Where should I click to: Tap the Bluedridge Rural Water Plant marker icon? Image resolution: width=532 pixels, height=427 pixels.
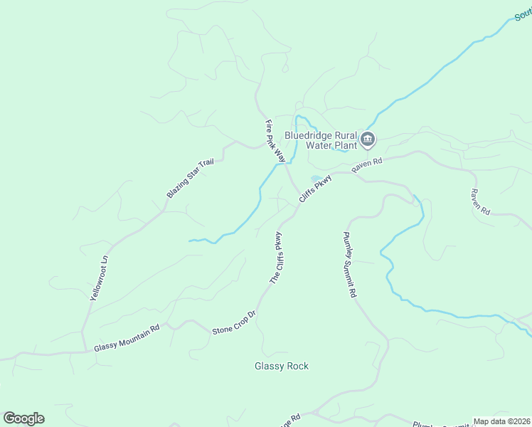point(368,139)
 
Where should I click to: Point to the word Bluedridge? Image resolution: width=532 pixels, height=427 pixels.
point(309,135)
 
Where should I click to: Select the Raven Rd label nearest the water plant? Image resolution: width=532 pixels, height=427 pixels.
point(367,164)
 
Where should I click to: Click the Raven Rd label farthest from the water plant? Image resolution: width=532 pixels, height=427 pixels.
point(481,202)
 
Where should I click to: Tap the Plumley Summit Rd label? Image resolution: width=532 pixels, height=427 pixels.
point(350,264)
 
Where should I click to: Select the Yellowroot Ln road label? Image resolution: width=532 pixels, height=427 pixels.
point(100,278)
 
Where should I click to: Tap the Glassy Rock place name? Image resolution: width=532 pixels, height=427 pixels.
point(282,367)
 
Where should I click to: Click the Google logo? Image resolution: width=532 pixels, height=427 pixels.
point(23,418)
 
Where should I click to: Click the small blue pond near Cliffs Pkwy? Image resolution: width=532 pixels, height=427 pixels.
point(315,178)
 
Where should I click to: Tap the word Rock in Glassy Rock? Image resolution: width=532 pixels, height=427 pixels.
point(298,367)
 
